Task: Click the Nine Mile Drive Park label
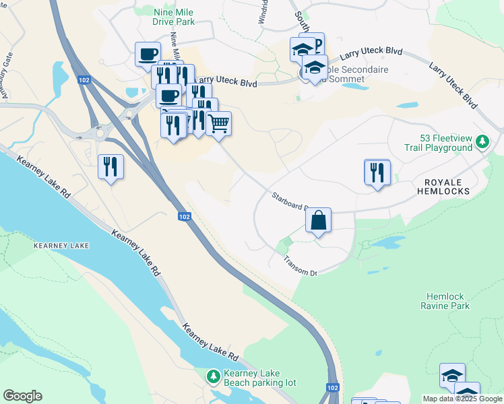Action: click(x=173, y=17)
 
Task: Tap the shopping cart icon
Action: click(x=218, y=124)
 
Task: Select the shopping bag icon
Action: click(x=318, y=220)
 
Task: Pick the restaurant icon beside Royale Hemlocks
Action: click(x=377, y=172)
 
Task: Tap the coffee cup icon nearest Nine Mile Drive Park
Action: click(x=148, y=55)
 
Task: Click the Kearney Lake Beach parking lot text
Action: click(x=259, y=378)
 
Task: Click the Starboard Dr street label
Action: click(x=289, y=201)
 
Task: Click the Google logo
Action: click(x=22, y=396)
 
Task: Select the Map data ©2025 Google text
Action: click(x=462, y=399)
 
